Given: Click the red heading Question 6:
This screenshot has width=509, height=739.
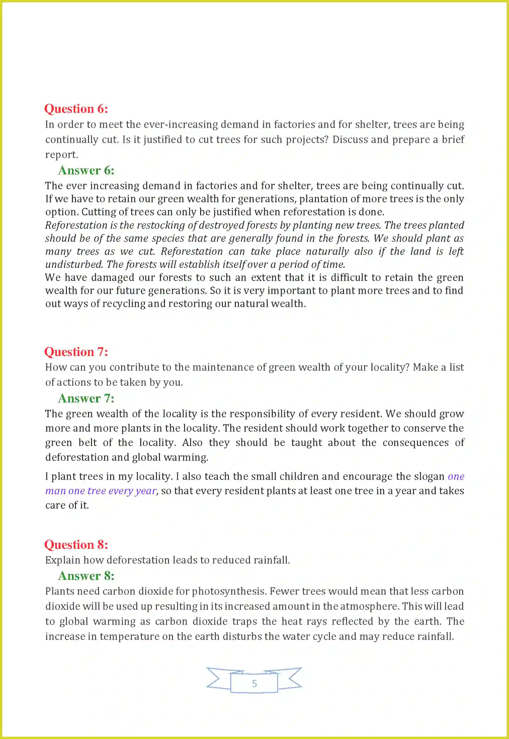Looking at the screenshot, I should coord(76,109).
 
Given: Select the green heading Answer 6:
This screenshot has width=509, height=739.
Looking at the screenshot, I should coord(86,171).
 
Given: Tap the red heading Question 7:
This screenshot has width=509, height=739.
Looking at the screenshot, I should coord(76,352).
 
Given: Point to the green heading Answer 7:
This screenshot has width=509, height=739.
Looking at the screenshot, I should coord(86,399).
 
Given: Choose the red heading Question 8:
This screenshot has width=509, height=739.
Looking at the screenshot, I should coord(76,545).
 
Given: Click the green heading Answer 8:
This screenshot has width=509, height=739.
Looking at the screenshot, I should coord(86,576).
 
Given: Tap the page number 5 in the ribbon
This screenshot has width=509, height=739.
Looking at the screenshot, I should coord(254,683).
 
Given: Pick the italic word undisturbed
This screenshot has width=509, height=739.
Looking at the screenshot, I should coord(74,265).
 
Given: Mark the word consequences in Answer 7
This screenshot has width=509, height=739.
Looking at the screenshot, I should coord(416,443).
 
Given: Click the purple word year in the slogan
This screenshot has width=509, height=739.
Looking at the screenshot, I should coord(146,491).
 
